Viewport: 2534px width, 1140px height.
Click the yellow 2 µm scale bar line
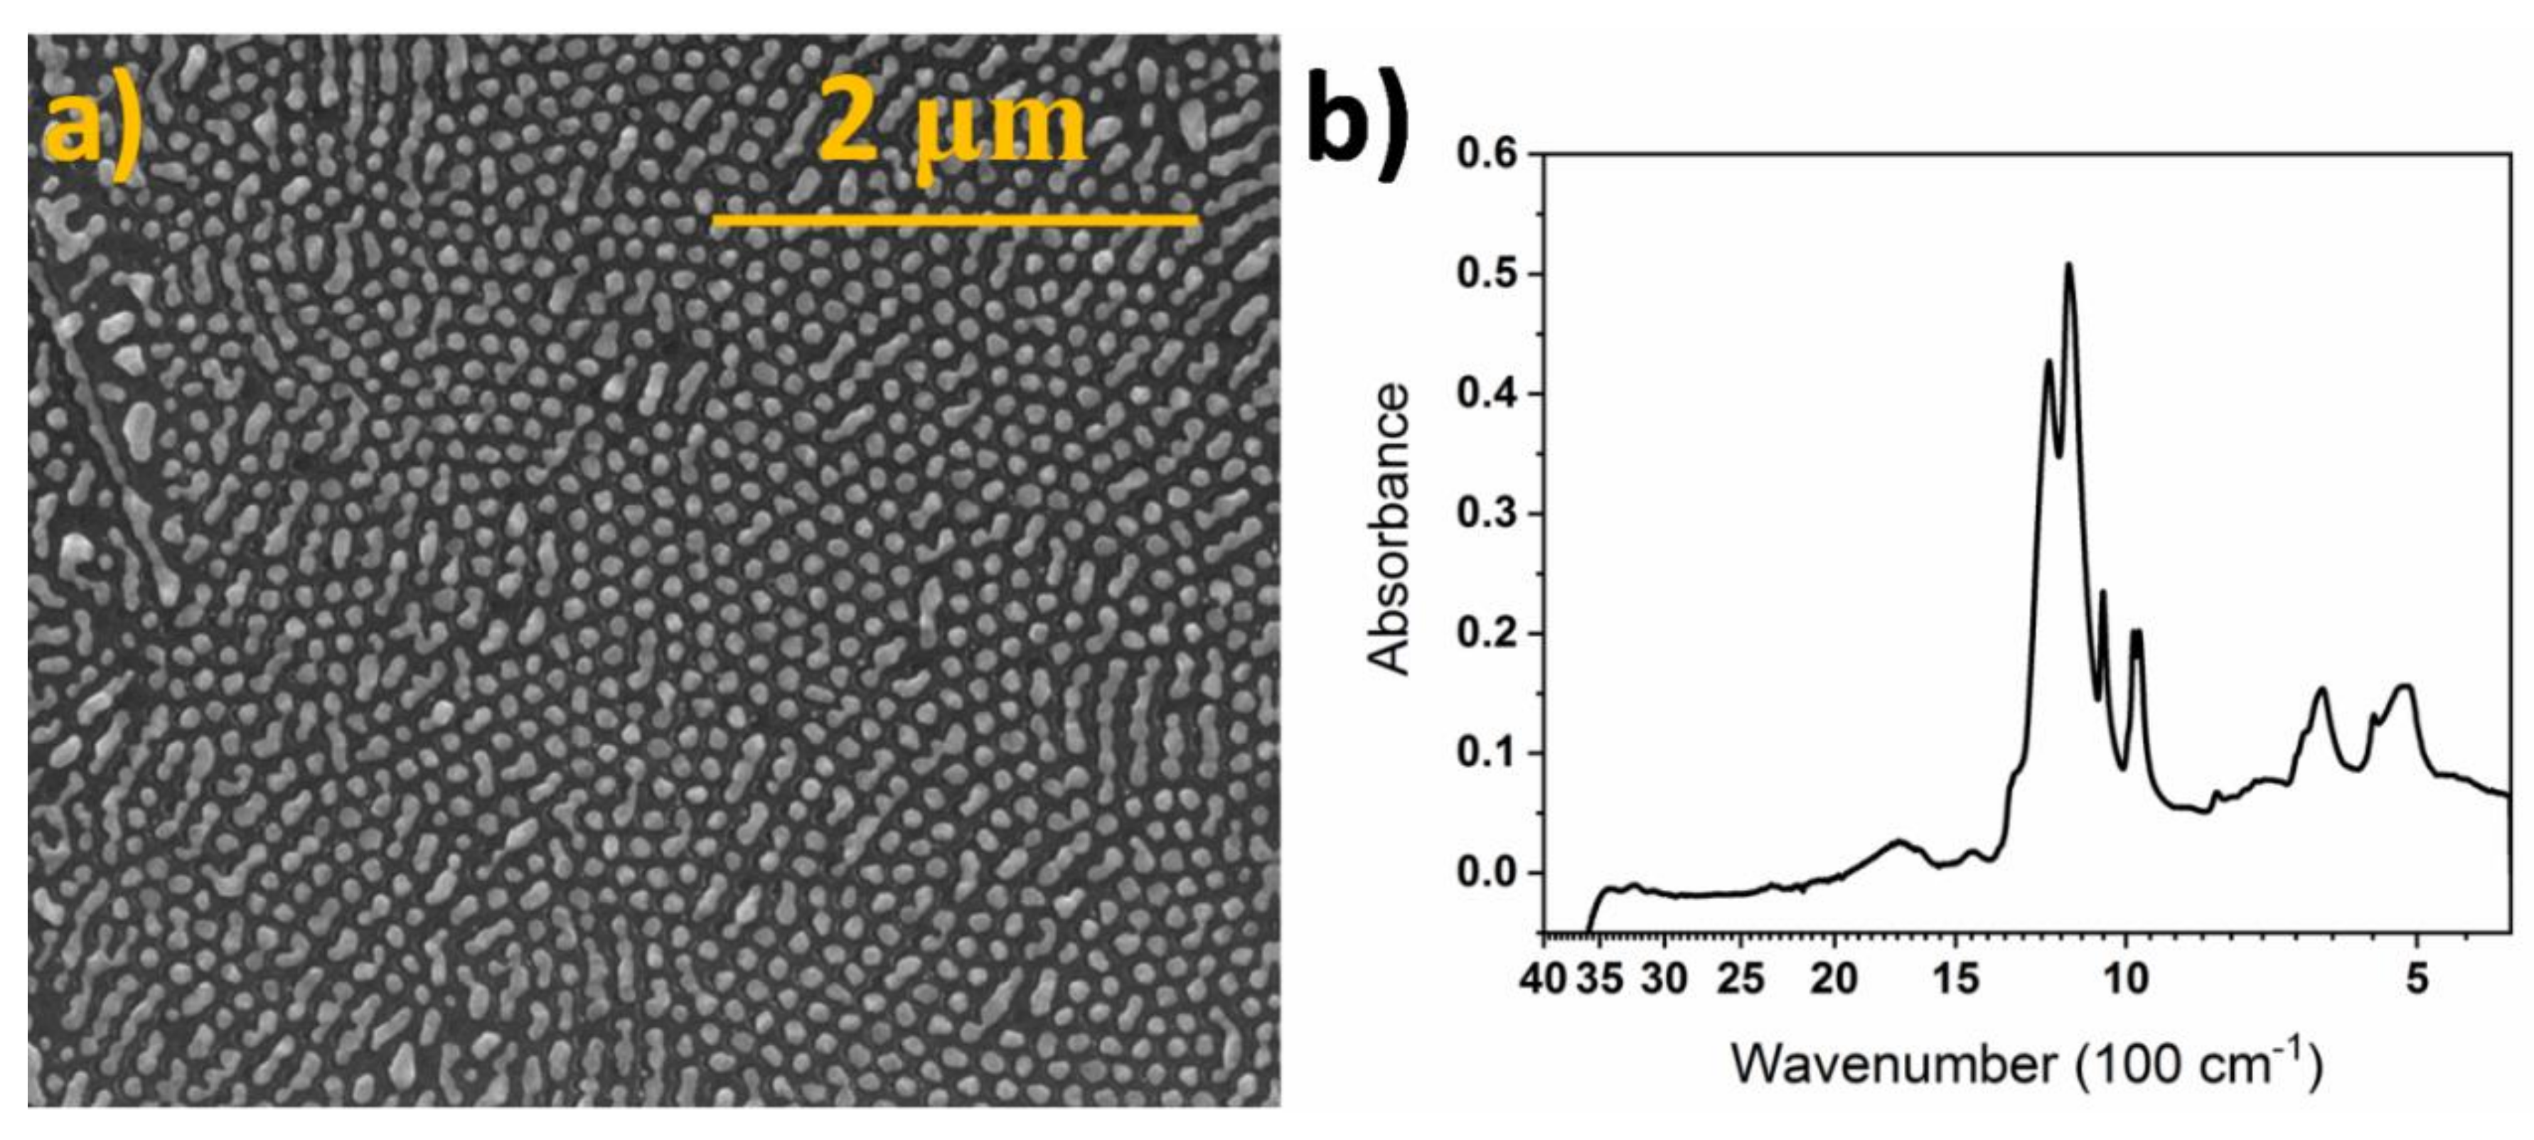pyautogui.click(x=954, y=220)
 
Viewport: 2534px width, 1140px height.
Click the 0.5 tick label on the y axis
pyautogui.click(x=1487, y=274)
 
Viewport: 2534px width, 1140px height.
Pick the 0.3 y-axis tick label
pyautogui.click(x=1487, y=515)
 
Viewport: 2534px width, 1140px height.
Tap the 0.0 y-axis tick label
pyautogui.click(x=1487, y=873)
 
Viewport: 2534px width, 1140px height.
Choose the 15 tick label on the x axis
pyautogui.click(x=1955, y=979)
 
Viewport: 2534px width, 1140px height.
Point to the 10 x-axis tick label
pyautogui.click(x=2126, y=979)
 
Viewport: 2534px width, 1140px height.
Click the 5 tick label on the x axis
pyautogui.click(x=2417, y=979)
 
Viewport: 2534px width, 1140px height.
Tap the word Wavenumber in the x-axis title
pyautogui.click(x=1893, y=1064)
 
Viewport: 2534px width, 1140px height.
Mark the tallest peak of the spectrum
pyautogui.click(x=2069, y=266)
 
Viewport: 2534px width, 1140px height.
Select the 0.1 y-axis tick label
pyautogui.click(x=1487, y=753)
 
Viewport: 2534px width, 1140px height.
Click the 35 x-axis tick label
pyautogui.click(x=1600, y=979)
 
